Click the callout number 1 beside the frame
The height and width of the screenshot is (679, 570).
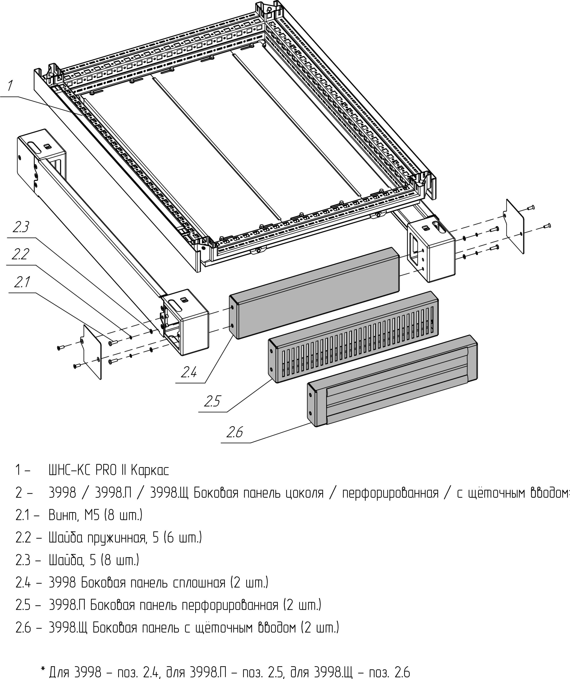pos(10,86)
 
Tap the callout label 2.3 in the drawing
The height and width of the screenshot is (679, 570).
pos(21,227)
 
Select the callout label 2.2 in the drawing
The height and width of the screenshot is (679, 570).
pos(20,254)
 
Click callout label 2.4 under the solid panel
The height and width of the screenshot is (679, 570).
pos(189,373)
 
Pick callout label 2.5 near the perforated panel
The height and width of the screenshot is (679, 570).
pos(212,401)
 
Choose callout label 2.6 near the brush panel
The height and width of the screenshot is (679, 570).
pos(235,432)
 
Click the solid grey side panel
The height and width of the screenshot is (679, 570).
pos(314,293)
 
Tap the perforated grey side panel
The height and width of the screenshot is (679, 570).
pos(353,337)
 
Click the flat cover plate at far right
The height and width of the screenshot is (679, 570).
pos(515,226)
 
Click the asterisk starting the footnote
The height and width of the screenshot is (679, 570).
pos(43,668)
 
